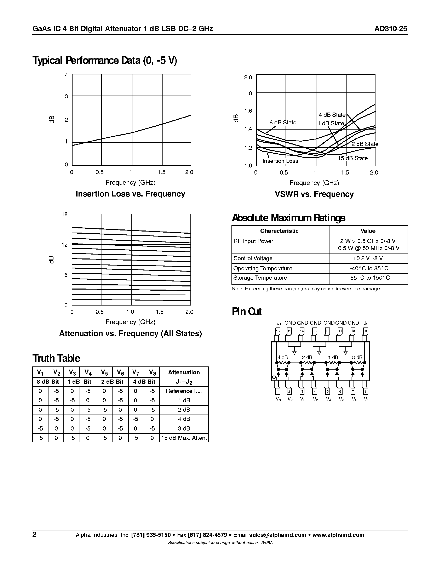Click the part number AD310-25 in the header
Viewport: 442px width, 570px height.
[x=390, y=29]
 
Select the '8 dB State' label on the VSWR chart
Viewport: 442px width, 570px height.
[x=283, y=122]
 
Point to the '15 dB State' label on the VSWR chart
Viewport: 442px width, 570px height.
[x=352, y=158]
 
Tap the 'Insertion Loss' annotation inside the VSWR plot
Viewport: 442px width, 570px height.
[x=280, y=161]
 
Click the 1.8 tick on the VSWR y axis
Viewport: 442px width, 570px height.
[x=248, y=93]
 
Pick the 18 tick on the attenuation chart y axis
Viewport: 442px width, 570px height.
[x=64, y=214]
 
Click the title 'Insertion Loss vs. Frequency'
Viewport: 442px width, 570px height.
[x=130, y=194]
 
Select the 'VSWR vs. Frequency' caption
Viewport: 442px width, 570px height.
[x=314, y=194]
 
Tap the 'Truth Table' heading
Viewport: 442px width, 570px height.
[x=56, y=358]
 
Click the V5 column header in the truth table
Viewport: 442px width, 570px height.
[x=104, y=372]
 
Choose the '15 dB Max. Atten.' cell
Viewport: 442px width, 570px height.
[x=184, y=438]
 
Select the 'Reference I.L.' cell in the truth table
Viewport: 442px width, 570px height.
[x=184, y=391]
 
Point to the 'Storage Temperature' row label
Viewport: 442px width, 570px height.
[x=260, y=278]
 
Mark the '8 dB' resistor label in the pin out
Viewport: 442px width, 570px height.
[x=357, y=357]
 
